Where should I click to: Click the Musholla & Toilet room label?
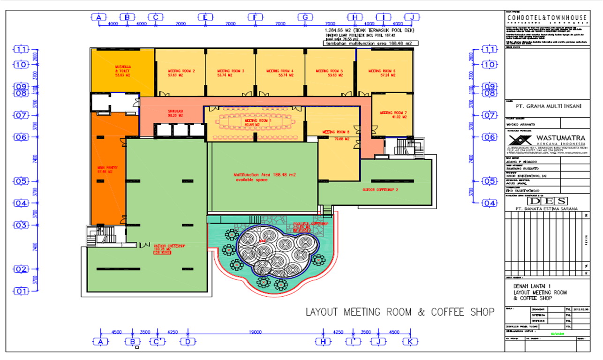(123, 70)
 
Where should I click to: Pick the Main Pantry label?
(107, 169)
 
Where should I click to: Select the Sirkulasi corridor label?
(175, 113)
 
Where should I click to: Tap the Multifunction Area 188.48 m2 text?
(265, 177)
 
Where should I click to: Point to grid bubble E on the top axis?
(205, 17)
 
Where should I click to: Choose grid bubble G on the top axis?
(305, 17)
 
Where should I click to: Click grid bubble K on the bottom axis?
(411, 342)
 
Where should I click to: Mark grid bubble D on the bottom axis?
(188, 342)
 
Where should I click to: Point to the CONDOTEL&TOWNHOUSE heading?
(547, 17)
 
